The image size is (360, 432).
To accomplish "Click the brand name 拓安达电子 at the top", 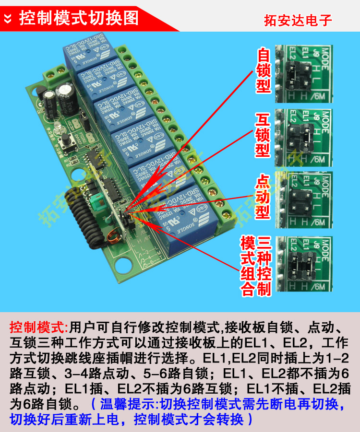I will (298, 21).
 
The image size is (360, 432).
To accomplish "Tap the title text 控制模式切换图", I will (79, 18).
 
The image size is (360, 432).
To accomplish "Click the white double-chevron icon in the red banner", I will (9, 19).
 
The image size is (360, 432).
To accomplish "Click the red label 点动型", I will (263, 197).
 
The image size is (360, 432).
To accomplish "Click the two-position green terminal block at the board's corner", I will (55, 73).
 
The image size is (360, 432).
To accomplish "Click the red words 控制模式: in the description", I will (39, 327).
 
